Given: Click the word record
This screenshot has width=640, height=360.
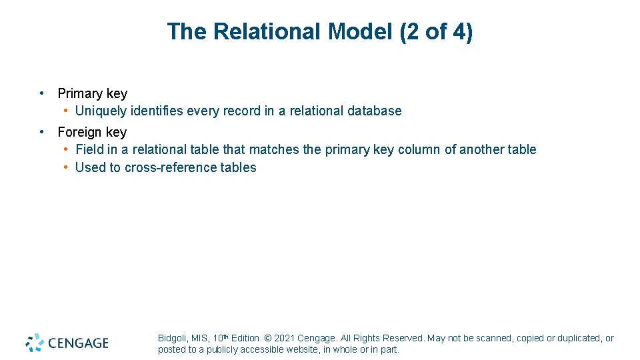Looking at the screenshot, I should (245, 111).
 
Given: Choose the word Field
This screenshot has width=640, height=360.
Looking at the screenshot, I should (90, 150).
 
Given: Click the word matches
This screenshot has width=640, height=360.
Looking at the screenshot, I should (274, 150).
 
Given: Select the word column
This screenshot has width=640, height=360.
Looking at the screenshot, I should (419, 150).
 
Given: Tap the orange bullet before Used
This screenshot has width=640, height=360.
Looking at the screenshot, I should (67, 167).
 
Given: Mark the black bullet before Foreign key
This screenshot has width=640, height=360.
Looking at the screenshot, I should (42, 131).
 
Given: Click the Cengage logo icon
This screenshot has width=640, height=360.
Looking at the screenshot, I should (35, 343).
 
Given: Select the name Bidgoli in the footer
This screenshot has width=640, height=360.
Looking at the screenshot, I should (172, 339).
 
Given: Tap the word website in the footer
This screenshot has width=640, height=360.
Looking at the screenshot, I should (297, 349).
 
